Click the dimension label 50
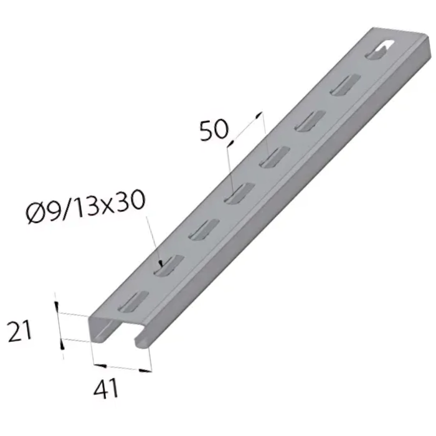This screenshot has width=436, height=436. (x=214, y=131)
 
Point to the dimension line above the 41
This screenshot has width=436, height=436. (x=121, y=366)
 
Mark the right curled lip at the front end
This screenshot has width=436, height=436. (x=141, y=339)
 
